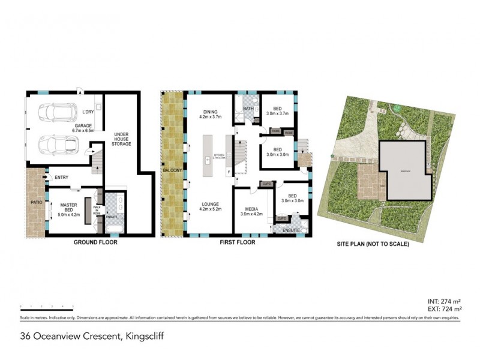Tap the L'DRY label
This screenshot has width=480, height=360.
point(88,112)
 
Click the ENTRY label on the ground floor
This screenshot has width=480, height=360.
point(61,177)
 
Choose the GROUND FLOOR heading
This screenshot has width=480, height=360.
point(95,243)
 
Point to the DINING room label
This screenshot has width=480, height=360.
point(209,112)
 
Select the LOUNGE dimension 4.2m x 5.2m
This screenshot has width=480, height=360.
point(209,210)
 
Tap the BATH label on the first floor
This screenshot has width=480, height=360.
point(248,109)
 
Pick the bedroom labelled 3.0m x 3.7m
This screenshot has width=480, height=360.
point(278,113)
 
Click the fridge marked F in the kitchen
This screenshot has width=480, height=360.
point(229,173)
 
